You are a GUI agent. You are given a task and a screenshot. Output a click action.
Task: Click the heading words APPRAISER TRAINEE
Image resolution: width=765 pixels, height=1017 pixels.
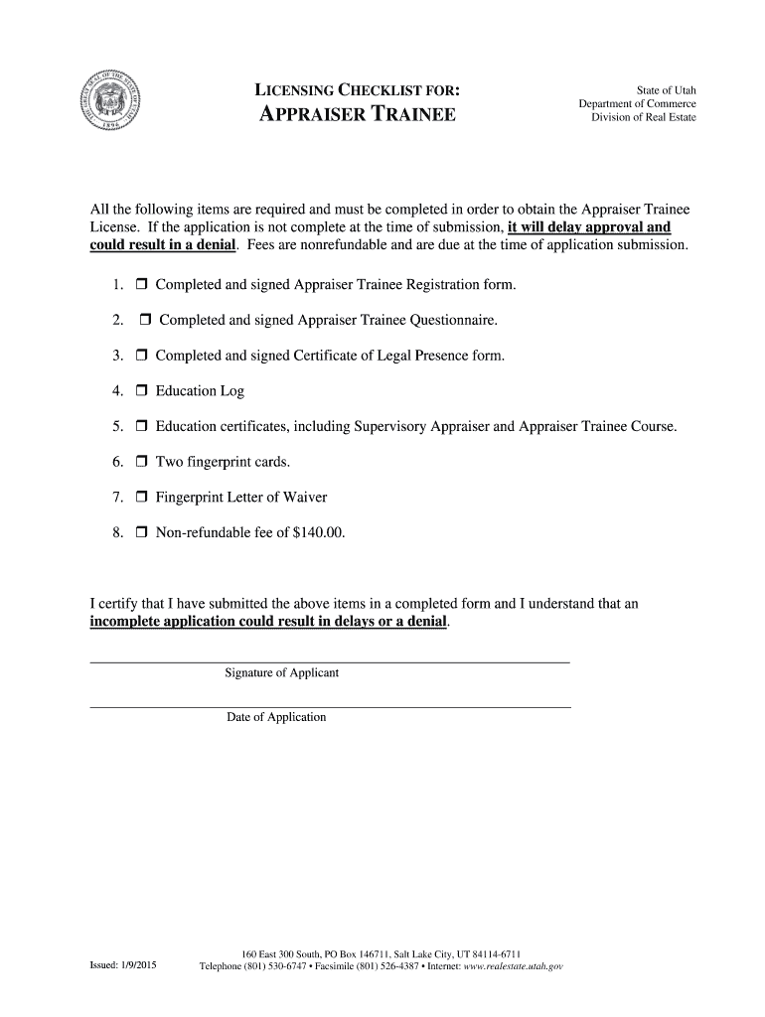click(358, 115)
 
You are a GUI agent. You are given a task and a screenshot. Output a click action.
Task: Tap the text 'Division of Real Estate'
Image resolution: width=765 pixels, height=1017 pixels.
click(644, 118)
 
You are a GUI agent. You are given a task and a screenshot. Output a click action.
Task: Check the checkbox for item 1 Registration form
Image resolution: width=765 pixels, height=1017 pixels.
click(141, 285)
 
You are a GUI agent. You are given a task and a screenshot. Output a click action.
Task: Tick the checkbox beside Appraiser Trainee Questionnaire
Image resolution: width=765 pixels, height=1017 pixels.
click(144, 320)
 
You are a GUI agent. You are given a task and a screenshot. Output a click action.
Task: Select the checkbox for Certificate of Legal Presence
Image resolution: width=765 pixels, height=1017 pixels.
click(141, 356)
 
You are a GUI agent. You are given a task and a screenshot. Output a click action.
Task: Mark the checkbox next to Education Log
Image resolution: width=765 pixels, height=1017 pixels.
click(141, 391)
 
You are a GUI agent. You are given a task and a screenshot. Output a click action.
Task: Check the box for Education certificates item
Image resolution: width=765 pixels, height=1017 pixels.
click(141, 427)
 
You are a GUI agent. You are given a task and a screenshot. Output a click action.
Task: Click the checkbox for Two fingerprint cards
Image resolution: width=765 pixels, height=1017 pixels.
click(141, 462)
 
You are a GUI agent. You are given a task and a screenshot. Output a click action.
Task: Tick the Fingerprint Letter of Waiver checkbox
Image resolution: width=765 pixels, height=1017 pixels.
click(141, 498)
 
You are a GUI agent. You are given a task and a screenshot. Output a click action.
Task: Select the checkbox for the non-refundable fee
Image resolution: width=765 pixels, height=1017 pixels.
click(141, 533)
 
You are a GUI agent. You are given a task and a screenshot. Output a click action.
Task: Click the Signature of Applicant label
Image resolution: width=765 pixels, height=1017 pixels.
click(282, 673)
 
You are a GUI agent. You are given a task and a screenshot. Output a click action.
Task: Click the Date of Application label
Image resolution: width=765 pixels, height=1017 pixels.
click(276, 717)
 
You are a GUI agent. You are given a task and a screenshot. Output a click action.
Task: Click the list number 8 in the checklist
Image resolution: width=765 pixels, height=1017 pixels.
click(117, 533)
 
